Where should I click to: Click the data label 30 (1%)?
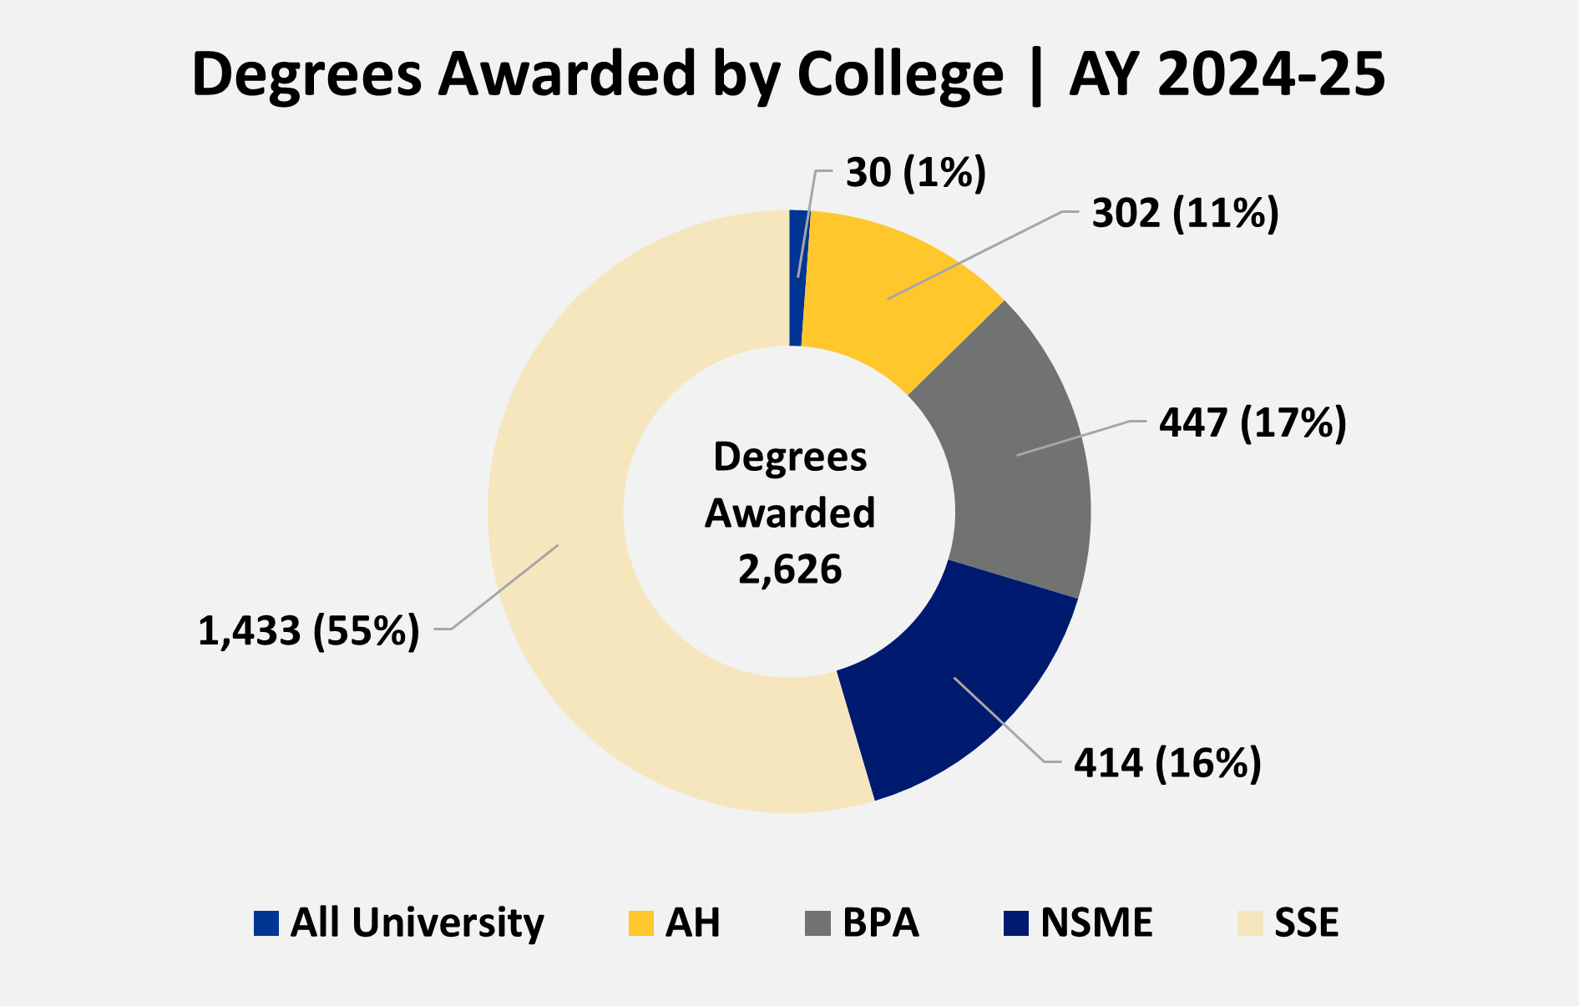916,173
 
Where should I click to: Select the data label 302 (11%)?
1185,214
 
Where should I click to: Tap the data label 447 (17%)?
1252,423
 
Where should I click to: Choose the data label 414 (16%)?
1167,763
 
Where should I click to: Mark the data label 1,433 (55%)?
308,631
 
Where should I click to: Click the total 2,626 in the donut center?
790,569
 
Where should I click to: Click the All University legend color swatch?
266,923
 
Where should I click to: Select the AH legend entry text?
692,923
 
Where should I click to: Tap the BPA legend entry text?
880,923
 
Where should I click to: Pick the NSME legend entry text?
1096,923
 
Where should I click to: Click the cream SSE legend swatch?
1250,923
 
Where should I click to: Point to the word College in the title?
899,75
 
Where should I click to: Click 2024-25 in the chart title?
1272,75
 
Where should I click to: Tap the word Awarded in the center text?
790,513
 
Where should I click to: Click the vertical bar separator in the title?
1036,77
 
